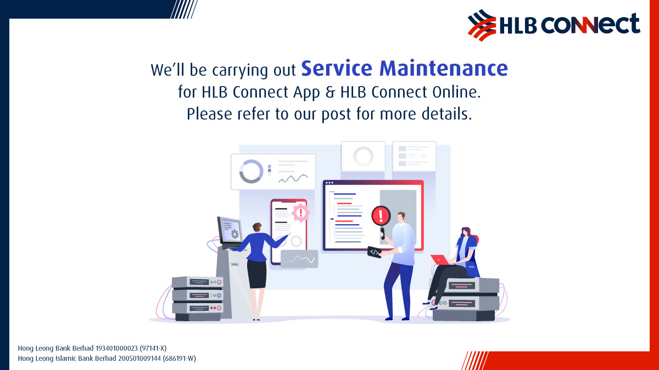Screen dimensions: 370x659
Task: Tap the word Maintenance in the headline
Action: tap(444, 69)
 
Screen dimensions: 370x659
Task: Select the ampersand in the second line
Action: tap(329, 92)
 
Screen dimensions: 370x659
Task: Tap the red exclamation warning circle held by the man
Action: tap(381, 215)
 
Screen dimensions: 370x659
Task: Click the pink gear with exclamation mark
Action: tap(300, 212)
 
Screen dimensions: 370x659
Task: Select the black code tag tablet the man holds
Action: tap(375, 252)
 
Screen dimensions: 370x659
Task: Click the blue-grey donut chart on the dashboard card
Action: tap(252, 172)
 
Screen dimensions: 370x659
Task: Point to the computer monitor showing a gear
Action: tap(230, 230)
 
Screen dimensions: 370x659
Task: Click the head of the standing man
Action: tap(401, 216)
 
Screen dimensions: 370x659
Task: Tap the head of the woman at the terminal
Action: tap(256, 226)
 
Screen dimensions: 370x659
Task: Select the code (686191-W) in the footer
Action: tap(176, 358)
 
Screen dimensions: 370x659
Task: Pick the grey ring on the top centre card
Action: tap(363, 156)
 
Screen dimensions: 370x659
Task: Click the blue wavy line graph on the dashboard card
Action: tap(293, 178)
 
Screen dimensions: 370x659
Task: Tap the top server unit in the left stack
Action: tap(197, 282)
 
